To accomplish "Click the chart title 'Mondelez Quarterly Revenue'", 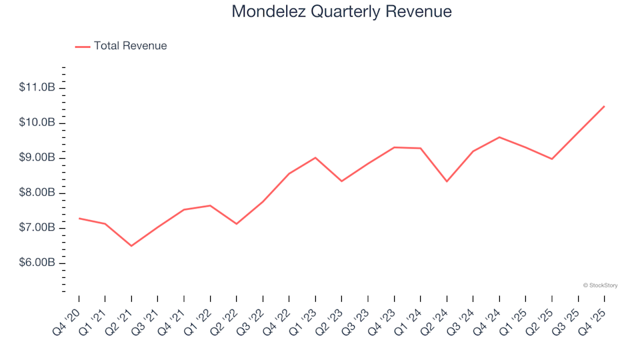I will click(341, 12).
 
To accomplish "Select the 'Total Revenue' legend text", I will click(130, 46).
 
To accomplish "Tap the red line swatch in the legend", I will click(83, 47).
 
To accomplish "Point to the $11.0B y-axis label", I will click(37, 88).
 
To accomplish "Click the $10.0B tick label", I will click(37, 123).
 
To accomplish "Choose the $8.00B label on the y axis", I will click(37, 193).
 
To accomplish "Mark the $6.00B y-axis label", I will click(37, 263).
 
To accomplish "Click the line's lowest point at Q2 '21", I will click(131, 246).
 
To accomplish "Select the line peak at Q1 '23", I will click(315, 158).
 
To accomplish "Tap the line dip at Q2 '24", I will click(447, 181).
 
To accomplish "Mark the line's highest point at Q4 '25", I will click(604, 106).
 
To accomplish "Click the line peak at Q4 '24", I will click(499, 137).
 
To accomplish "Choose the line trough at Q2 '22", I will click(237, 223).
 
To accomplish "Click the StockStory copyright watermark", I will click(600, 285).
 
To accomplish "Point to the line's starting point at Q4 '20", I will click(79, 218).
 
